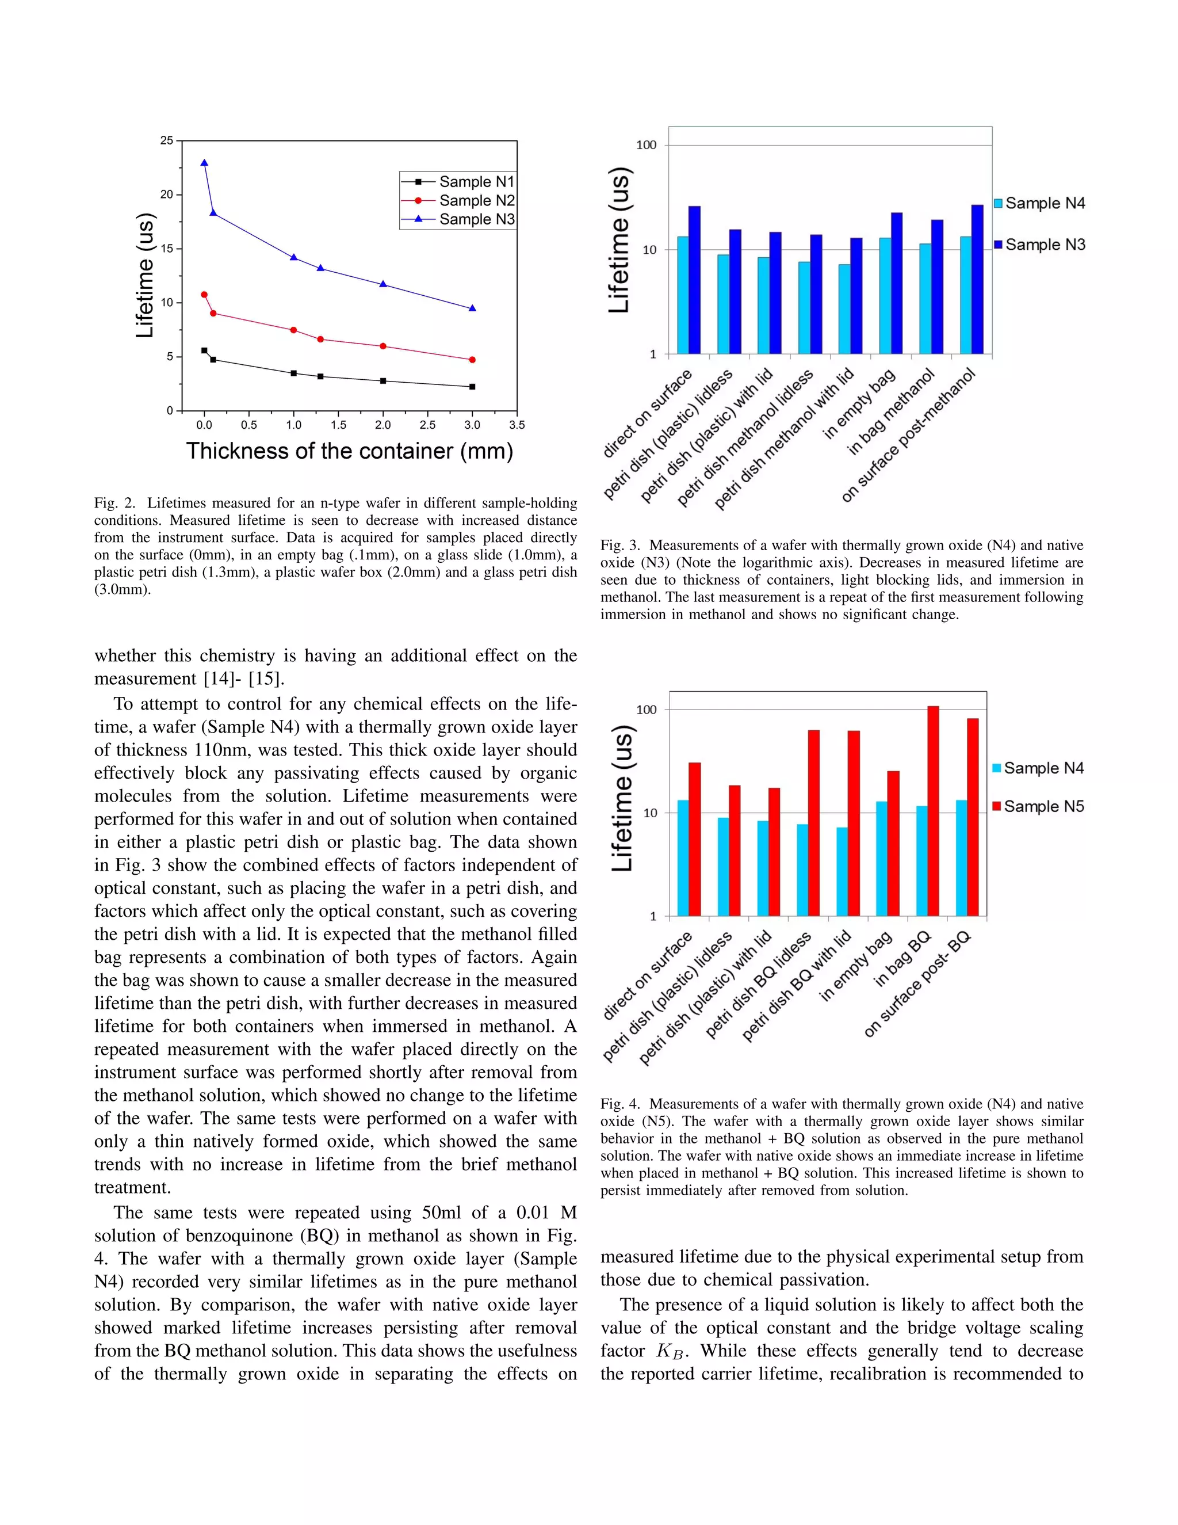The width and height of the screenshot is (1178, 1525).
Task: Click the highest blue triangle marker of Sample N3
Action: tap(204, 163)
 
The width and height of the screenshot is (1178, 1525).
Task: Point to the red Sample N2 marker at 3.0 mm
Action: tap(472, 360)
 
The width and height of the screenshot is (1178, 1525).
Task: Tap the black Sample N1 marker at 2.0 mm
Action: tap(383, 380)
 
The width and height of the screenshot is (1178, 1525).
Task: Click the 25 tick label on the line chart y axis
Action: tap(166, 140)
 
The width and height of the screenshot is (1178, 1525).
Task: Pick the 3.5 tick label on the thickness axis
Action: tap(517, 425)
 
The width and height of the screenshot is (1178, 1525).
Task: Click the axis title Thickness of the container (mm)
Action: tap(350, 451)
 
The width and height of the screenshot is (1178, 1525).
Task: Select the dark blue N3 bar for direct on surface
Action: tap(694, 279)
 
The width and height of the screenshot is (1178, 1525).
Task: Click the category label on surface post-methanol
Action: tap(907, 436)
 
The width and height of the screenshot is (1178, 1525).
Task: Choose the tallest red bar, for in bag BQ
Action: tap(933, 810)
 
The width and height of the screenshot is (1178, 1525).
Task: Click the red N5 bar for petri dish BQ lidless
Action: tap(814, 822)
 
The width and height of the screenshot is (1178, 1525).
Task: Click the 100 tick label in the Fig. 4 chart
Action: tap(646, 710)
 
